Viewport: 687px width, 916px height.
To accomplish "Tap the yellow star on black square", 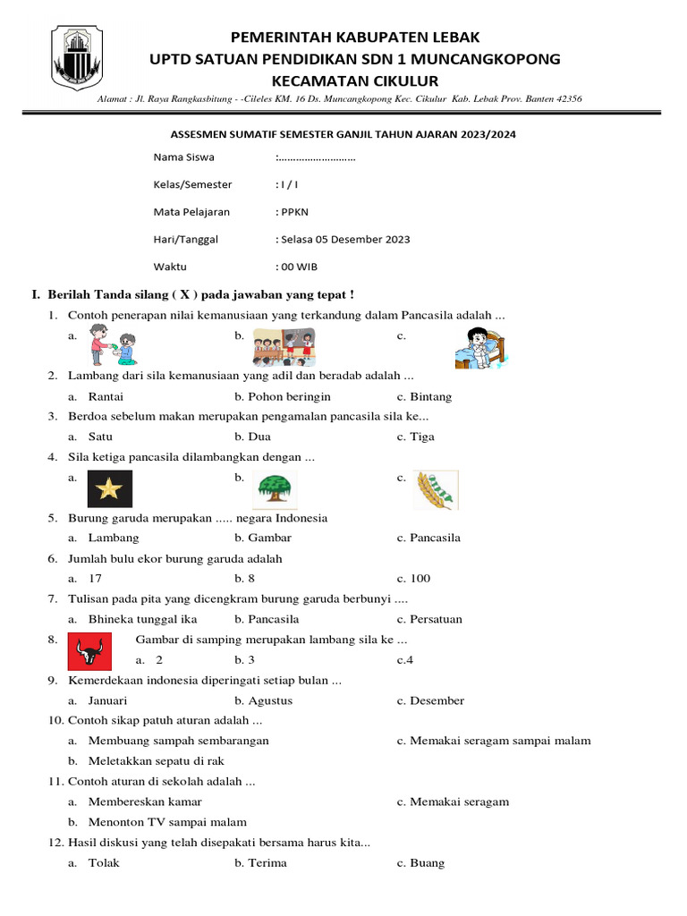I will tap(110, 488).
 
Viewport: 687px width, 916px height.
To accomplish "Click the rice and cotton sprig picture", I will tap(436, 489).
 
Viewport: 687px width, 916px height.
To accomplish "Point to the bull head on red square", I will tap(90, 651).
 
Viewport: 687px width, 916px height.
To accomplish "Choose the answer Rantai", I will tap(106, 396).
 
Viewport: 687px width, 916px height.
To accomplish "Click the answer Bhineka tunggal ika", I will tap(143, 619).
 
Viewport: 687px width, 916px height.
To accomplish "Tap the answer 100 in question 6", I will tap(420, 579).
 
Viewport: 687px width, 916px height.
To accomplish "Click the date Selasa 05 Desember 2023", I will tap(345, 239).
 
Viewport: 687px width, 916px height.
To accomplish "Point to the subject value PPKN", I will tap(293, 212).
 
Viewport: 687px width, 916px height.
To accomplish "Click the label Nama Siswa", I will tap(182, 157).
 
